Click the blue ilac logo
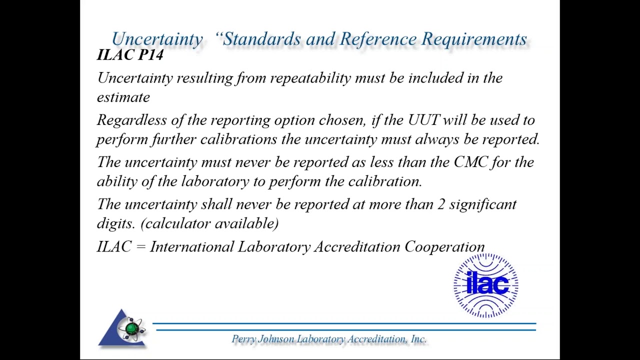[486, 285]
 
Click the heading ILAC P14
[130, 54]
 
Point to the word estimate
[123, 97]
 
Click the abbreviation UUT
[423, 120]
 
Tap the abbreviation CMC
[470, 162]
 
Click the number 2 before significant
[440, 204]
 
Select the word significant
[482, 204]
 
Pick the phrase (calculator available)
[209, 223]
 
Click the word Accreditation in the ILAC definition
[357, 247]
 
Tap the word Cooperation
[444, 247]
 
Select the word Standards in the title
[262, 39]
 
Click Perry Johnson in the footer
[263, 339]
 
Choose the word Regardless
[131, 120]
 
